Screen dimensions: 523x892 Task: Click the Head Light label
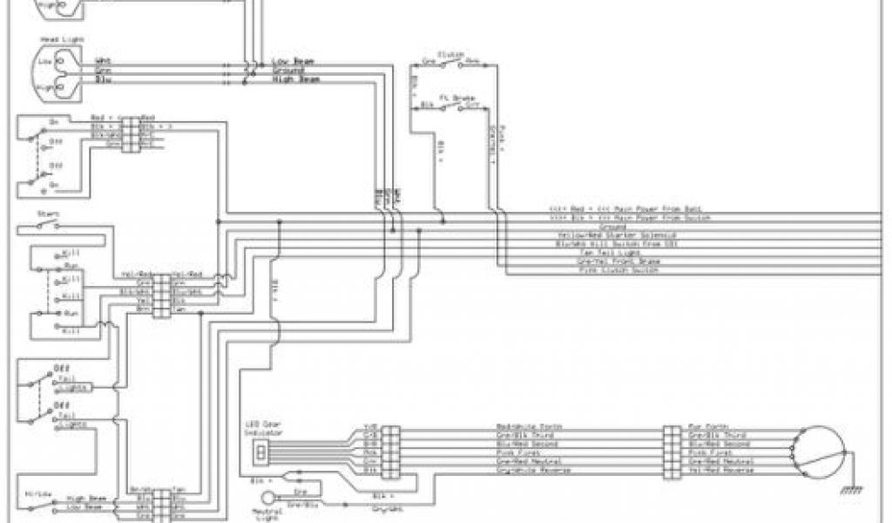(x=55, y=40)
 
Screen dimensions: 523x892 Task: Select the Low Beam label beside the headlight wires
(x=293, y=61)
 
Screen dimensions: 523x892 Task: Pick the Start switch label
(x=47, y=213)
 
